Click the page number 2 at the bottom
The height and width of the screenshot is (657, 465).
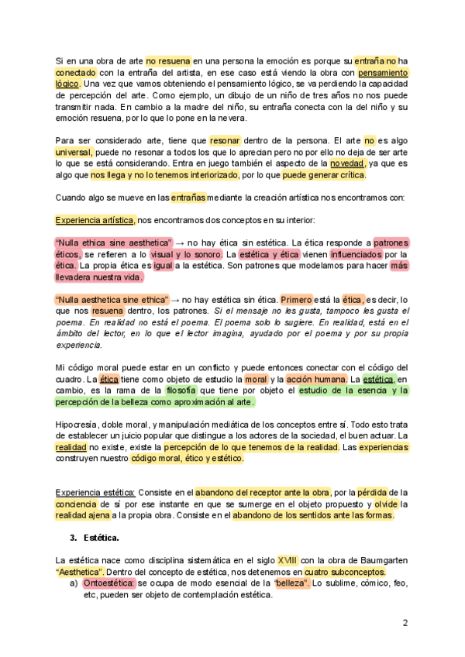click(405, 622)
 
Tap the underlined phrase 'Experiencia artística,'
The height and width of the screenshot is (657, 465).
click(95, 220)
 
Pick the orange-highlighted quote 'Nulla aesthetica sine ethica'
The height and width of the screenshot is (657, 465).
click(112, 299)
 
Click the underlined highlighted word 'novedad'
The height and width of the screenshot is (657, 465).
click(346, 163)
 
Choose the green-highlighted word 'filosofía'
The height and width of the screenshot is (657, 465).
click(180, 390)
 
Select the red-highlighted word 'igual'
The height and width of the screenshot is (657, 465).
click(162, 265)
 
